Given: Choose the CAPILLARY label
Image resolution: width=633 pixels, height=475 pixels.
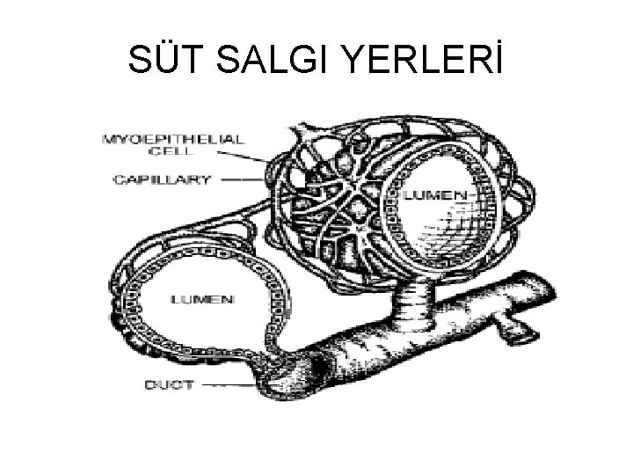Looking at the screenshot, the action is (x=162, y=179).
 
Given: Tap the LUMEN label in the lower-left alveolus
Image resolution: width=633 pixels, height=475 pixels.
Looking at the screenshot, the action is (x=203, y=299).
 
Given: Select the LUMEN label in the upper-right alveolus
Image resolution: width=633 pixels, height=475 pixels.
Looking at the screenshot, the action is (x=430, y=193).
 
